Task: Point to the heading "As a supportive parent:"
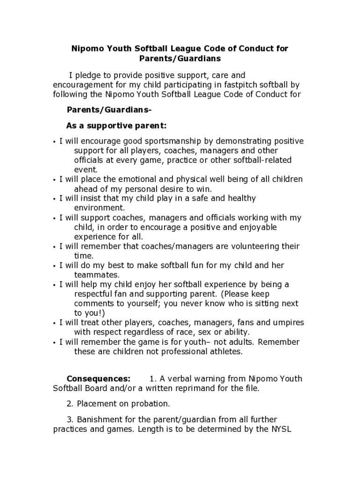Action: tap(116, 126)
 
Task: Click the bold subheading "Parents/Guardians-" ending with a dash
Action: tap(109, 110)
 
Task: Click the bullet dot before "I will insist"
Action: tap(55, 199)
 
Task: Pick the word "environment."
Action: tap(100, 208)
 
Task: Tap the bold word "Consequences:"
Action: tap(98, 379)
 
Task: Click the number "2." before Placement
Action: tap(71, 403)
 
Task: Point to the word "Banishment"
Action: tap(98, 420)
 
